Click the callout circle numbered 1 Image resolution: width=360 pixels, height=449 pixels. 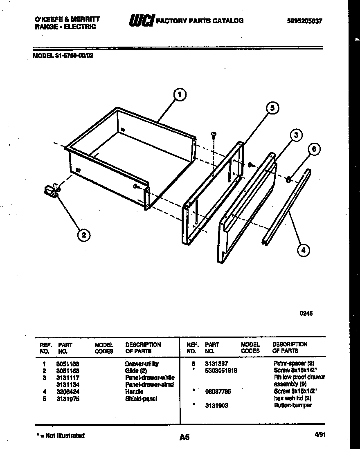(179, 95)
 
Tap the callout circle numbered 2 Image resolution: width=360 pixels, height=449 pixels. (84, 235)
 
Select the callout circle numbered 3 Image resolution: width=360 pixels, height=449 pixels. (297, 135)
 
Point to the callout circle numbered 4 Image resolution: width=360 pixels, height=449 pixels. (303, 250)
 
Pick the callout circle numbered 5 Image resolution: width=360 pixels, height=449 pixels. (272, 108)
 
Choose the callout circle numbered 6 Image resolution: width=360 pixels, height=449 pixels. (314, 150)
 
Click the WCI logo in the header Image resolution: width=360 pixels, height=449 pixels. (140, 20)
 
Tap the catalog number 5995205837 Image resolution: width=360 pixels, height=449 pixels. (305, 21)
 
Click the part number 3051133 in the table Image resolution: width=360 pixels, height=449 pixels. (67, 364)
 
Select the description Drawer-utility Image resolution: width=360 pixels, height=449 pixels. (142, 364)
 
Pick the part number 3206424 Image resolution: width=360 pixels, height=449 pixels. (67, 392)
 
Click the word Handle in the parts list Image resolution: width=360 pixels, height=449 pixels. (134, 392)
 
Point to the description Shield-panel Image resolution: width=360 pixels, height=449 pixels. (141, 399)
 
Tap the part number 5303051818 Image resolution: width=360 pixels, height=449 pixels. (221, 370)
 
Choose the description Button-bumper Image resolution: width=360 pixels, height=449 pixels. (292, 405)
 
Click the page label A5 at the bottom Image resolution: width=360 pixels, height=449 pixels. (184, 437)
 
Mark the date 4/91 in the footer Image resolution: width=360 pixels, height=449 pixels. (320, 435)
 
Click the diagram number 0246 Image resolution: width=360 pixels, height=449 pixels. (306, 314)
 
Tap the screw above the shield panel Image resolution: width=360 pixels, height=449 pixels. (213, 135)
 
